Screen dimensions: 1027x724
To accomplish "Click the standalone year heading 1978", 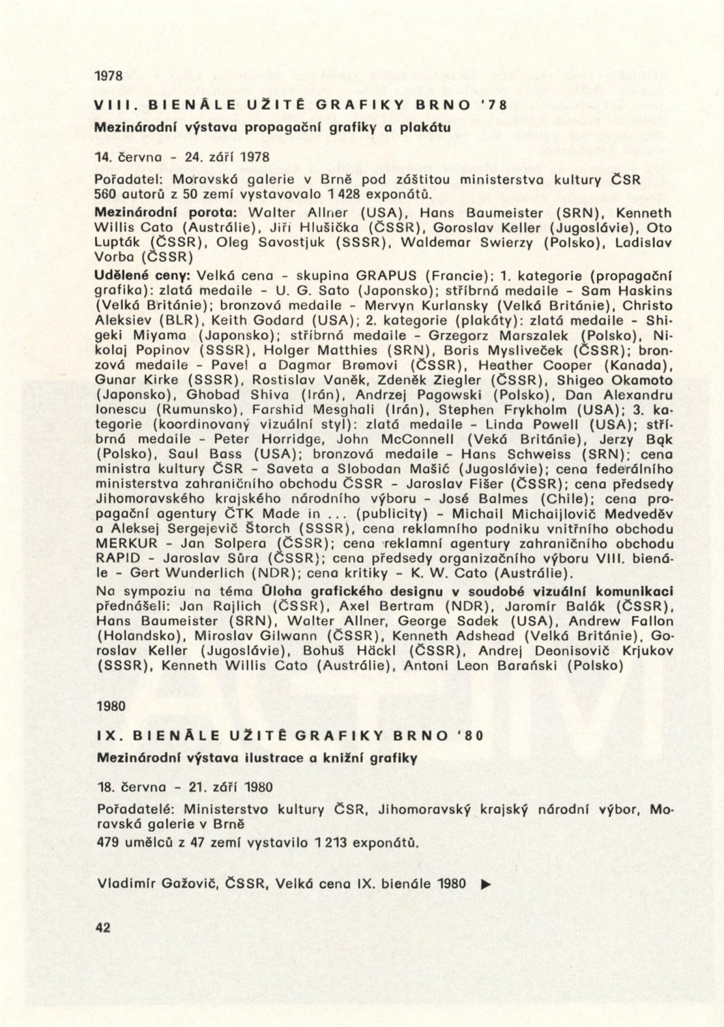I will point(109,76).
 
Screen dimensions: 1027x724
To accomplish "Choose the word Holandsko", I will point(138,636).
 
